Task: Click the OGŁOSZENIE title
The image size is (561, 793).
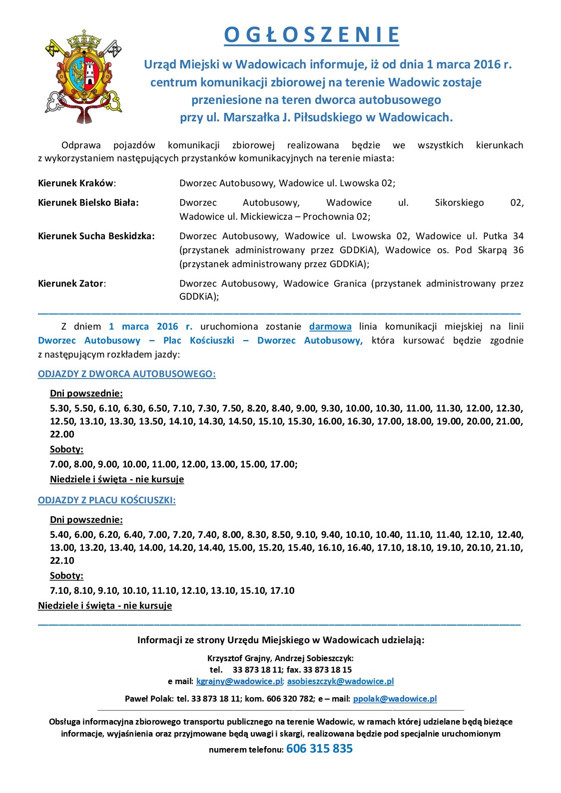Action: [x=311, y=35]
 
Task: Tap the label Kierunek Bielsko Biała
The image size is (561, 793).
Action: [x=88, y=203]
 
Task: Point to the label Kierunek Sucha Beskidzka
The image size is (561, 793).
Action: [x=96, y=236]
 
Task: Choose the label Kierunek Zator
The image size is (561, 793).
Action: [x=71, y=284]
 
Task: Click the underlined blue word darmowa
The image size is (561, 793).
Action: [x=330, y=327]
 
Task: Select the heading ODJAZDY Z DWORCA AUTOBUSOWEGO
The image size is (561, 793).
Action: [x=126, y=374]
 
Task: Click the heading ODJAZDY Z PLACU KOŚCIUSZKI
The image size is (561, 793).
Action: [x=106, y=500]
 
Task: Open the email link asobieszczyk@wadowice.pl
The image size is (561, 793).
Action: [x=340, y=681]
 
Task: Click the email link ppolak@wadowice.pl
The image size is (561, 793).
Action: [x=395, y=699]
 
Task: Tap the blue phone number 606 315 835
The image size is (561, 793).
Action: [x=319, y=749]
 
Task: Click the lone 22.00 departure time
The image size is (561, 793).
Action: [x=62, y=434]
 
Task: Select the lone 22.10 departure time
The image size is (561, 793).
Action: [x=62, y=561]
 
